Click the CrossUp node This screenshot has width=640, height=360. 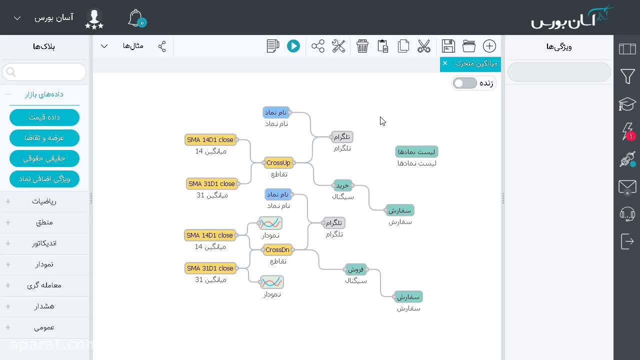(278, 163)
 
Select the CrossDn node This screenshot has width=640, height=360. (277, 249)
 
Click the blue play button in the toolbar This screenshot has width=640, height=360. (293, 46)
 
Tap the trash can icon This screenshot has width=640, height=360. (362, 46)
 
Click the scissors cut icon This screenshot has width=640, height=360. (423, 46)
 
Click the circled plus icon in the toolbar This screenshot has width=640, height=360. (489, 46)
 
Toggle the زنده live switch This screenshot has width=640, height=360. (465, 83)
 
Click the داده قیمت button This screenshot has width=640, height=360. (44, 117)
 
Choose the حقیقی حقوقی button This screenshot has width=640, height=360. (44, 158)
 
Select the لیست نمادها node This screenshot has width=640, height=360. (416, 151)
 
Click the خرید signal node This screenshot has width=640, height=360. (342, 185)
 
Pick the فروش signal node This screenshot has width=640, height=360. (355, 269)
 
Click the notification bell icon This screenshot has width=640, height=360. (136, 18)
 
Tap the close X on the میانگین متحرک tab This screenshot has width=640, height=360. (445, 63)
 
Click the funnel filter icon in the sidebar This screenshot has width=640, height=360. (627, 76)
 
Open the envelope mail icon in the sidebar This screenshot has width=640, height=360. (627, 187)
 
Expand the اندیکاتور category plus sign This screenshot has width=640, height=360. (8, 243)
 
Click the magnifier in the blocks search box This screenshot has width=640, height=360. (11, 72)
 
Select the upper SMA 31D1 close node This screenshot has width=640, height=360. (211, 183)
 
